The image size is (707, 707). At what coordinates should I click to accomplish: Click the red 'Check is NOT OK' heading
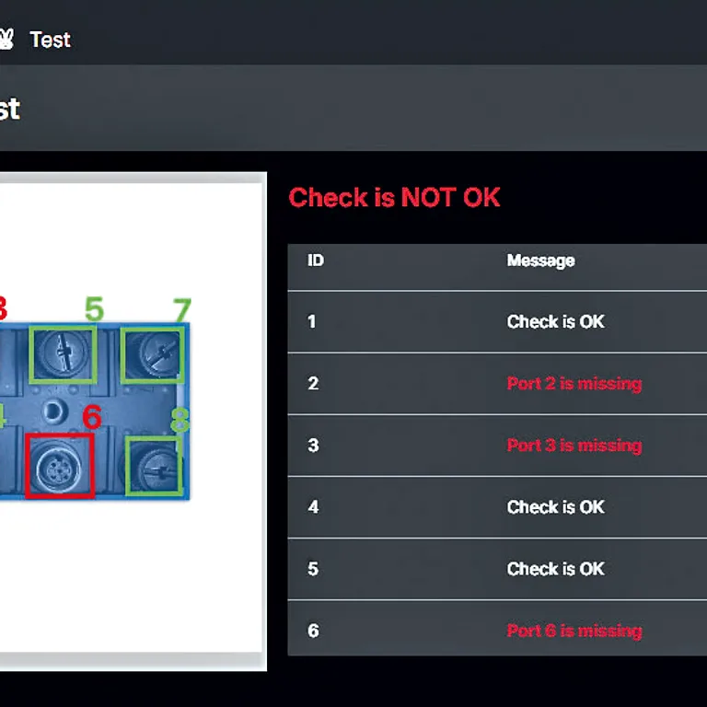point(394,198)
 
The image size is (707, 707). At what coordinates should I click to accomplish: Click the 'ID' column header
point(316,261)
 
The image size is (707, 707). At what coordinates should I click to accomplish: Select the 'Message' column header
point(540,261)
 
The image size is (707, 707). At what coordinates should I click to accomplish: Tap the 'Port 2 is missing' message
point(574,383)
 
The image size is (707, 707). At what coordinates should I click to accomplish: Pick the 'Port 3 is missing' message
point(574,445)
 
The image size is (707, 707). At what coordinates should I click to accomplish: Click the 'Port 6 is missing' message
point(574,631)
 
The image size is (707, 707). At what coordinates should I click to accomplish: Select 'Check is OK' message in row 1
point(555,321)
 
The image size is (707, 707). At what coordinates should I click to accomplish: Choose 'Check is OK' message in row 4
point(555,507)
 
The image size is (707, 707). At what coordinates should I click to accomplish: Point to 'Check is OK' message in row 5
point(555,569)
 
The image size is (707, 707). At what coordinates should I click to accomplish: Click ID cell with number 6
point(313,631)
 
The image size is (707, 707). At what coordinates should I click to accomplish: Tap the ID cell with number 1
point(311,321)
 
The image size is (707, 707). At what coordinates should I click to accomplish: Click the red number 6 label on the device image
point(92,417)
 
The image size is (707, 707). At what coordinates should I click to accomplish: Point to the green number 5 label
point(94,309)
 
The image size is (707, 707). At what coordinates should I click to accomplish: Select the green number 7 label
point(182,309)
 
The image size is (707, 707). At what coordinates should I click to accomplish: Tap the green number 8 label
point(180,420)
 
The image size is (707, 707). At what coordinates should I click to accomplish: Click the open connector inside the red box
point(59,467)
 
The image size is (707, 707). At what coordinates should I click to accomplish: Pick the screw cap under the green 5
point(64,353)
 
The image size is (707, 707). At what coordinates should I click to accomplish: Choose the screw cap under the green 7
point(154,354)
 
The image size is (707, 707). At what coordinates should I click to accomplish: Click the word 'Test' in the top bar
point(50,40)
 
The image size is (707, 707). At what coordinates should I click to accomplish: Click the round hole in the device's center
point(53,411)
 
